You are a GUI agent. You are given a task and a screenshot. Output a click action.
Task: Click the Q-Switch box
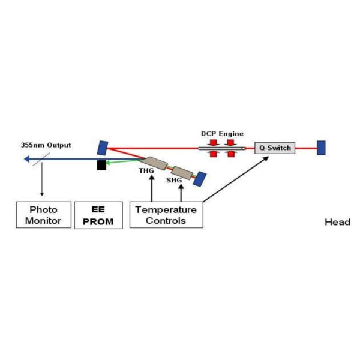(x=275, y=147)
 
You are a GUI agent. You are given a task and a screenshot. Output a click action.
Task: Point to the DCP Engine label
(x=221, y=133)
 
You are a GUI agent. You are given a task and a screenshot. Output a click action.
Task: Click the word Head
(x=337, y=222)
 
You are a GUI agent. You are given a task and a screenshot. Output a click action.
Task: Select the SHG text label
(x=174, y=180)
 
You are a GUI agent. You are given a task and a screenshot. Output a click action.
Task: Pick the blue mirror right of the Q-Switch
(x=321, y=147)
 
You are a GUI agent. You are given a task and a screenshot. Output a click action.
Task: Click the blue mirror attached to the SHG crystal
(x=200, y=178)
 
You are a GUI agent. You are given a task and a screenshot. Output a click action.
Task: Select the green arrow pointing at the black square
(x=123, y=162)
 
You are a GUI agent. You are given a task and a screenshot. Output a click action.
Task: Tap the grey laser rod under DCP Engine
(x=222, y=148)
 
